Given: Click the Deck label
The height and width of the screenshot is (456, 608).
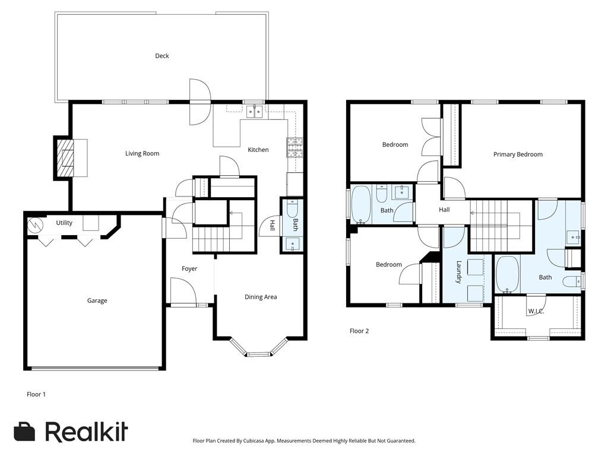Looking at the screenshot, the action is coord(161,56).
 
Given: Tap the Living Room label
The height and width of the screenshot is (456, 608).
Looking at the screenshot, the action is coord(142,154).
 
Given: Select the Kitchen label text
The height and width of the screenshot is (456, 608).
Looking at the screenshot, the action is coord(258,150).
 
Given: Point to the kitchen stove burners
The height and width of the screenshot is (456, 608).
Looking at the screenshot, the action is coord(294,147).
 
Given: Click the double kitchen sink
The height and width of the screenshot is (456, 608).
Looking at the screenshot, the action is coord(254,112).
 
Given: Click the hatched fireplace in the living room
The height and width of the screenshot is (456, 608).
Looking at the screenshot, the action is coord(65,158).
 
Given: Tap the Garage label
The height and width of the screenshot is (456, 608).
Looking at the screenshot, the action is coord(97,300).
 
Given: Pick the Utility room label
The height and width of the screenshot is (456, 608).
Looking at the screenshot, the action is coord(64,223).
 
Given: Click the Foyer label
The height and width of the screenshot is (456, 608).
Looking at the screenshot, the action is coord(189,269).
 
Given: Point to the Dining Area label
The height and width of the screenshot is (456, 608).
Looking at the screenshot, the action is coord(261,297).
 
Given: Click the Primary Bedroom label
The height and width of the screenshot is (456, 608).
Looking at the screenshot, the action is coord(518,154).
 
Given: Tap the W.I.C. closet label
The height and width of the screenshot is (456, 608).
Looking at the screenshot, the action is coord(536,311).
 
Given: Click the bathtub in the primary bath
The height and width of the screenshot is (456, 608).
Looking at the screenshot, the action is coord(508,274).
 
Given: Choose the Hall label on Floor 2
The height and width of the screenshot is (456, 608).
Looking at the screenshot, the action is coord(444,210).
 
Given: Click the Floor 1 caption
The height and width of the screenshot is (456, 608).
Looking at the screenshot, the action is coord(36,394).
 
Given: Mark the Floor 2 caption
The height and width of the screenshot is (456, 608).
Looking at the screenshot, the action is coord(359,331).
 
